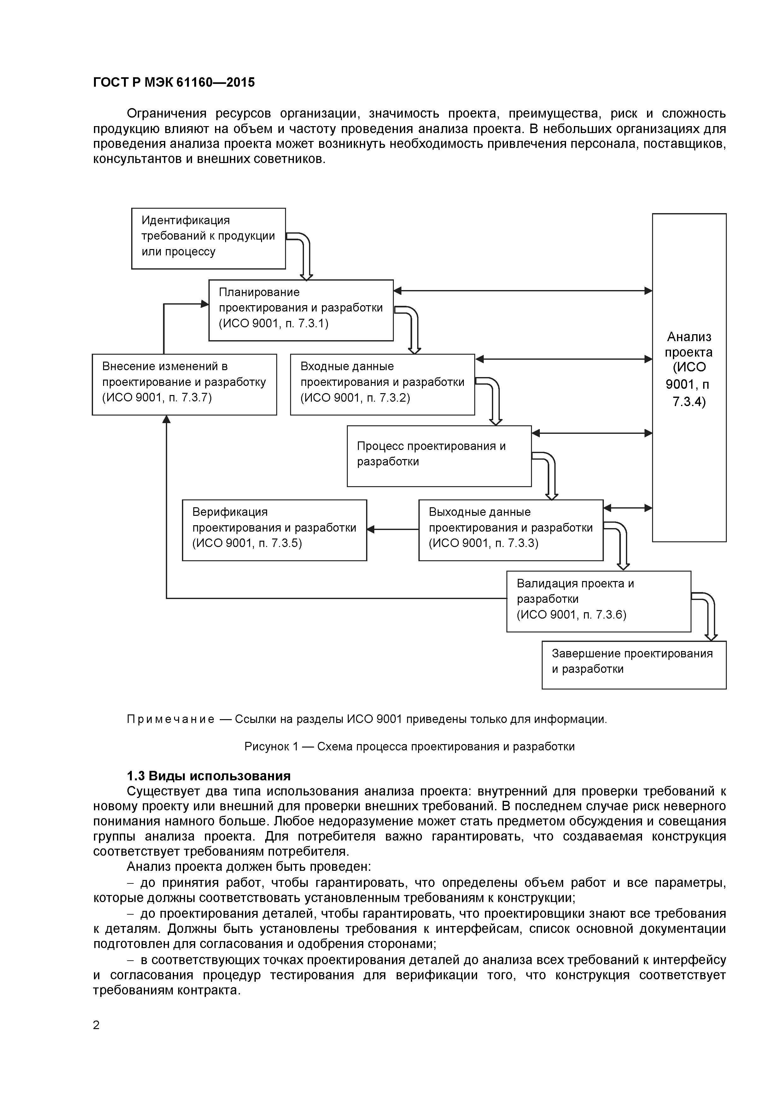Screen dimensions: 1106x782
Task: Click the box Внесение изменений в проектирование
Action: click(184, 384)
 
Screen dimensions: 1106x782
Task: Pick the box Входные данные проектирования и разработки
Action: click(382, 384)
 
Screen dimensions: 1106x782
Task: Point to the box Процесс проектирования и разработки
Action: click(439, 456)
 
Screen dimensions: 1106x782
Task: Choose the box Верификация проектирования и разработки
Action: click(274, 530)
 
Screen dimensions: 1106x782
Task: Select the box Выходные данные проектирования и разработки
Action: click(511, 530)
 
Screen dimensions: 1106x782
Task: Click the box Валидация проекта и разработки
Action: click(598, 601)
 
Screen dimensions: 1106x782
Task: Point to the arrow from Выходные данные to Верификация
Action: click(393, 529)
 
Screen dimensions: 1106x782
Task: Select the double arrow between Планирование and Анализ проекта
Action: click(523, 290)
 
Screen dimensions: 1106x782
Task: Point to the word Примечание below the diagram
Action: click(170, 719)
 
